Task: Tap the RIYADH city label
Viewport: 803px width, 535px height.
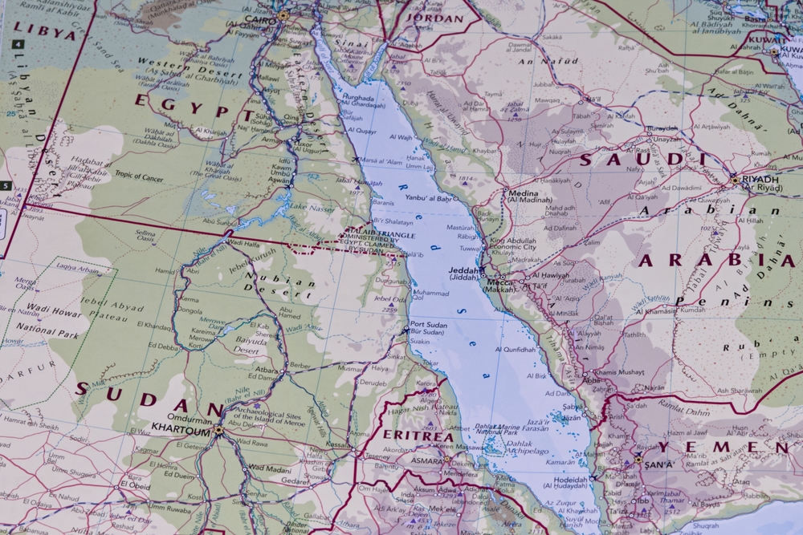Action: coord(760,180)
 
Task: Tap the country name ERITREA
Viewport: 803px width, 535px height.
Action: coord(410,434)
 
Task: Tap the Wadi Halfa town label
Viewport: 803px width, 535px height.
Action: coord(246,242)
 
